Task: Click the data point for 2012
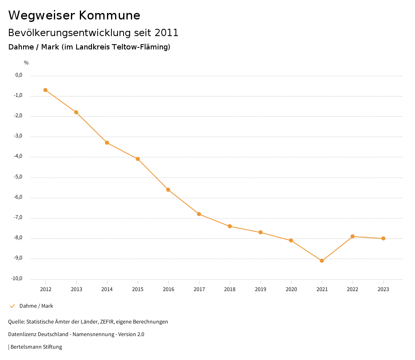(45, 90)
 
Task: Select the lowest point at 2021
(322, 261)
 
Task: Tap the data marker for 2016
(168, 190)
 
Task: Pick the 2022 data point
(353, 236)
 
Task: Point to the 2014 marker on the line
(107, 143)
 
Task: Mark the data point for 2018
(230, 226)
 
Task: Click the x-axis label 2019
(261, 289)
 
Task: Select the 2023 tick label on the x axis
(383, 289)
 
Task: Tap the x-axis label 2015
(138, 289)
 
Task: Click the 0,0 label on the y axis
(19, 75)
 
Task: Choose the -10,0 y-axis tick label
(17, 279)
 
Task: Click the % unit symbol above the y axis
(26, 63)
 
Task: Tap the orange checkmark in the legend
(12, 306)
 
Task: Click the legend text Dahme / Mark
(36, 306)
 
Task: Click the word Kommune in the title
(109, 15)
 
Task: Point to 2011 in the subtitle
(167, 33)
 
